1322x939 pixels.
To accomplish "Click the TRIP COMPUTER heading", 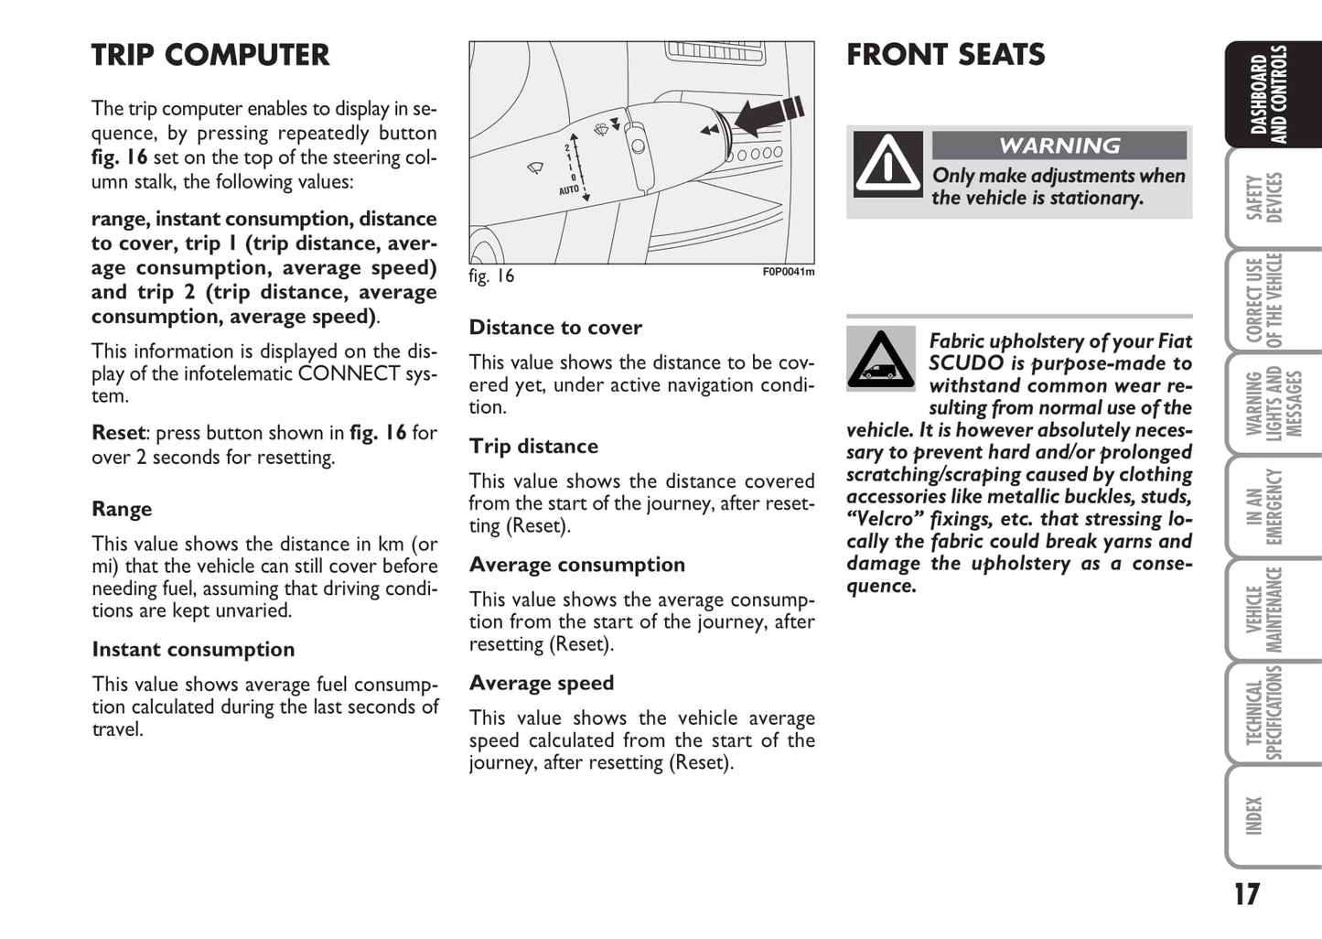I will [210, 55].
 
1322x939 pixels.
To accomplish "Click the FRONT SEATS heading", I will [945, 55].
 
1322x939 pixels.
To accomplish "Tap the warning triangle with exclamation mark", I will [887, 165].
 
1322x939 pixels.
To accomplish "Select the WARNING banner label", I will [1059, 146].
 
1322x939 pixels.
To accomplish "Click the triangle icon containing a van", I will [880, 359].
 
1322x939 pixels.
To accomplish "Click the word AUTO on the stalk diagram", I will [569, 190].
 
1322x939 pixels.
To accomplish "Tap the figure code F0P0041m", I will [788, 272].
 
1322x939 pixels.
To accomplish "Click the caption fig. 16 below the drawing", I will [491, 275].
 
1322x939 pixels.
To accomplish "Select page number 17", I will [1246, 894].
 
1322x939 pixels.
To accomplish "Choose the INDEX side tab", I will [1255, 815].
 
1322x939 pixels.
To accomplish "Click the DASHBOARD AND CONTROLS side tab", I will [1269, 94].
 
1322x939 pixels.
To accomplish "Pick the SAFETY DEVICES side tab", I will [1265, 198].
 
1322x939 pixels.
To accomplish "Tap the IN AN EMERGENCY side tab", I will [1265, 507].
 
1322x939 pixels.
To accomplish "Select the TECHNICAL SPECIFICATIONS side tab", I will [1265, 713].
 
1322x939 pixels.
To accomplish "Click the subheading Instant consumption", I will [193, 650].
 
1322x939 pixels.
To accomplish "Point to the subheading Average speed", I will [542, 684].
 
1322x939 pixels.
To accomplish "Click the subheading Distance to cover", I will [555, 328].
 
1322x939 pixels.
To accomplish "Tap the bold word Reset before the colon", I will [118, 433].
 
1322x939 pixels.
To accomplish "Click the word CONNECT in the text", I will [349, 374].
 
